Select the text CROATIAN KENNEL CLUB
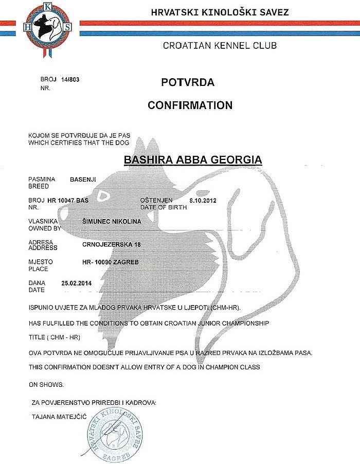tap(220, 45)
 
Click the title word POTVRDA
tap(188, 83)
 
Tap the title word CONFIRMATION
tap(190, 105)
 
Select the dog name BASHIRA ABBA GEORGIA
tap(193, 160)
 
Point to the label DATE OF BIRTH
tap(162, 207)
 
